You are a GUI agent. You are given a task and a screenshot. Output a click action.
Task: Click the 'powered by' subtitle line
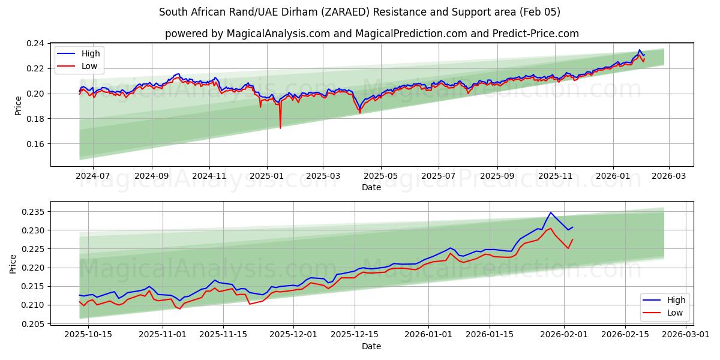(x=371, y=34)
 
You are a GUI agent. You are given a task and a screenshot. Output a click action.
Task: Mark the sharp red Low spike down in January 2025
(x=280, y=127)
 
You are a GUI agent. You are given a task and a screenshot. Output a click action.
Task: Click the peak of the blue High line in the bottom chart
(x=550, y=212)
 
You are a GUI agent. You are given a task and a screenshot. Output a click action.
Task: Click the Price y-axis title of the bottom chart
(x=13, y=263)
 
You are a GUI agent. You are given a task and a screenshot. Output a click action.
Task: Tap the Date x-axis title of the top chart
(x=371, y=188)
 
